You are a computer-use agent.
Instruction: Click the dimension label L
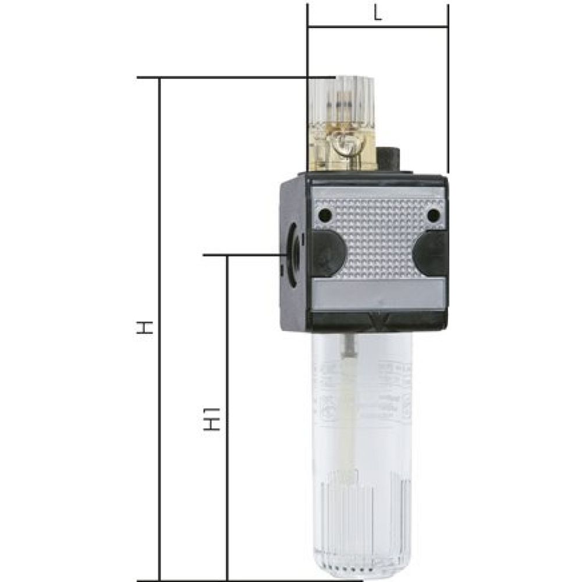[378, 15]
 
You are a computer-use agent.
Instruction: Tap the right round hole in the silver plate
[432, 216]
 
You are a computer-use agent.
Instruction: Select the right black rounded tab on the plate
[430, 254]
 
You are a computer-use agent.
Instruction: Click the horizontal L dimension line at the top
[378, 27]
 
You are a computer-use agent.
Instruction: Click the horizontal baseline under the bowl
[250, 580]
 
